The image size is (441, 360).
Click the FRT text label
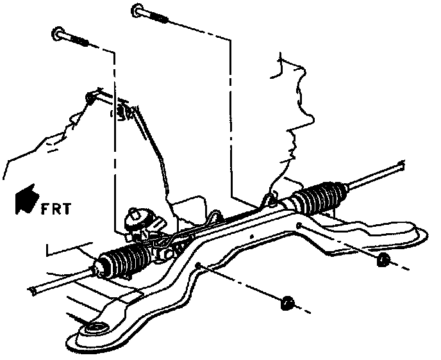[x=58, y=208]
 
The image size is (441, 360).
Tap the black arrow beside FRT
[x=26, y=198]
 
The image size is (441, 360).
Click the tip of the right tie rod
[x=401, y=166]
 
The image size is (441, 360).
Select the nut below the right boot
[x=383, y=259]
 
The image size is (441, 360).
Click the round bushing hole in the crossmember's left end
[x=95, y=329]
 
